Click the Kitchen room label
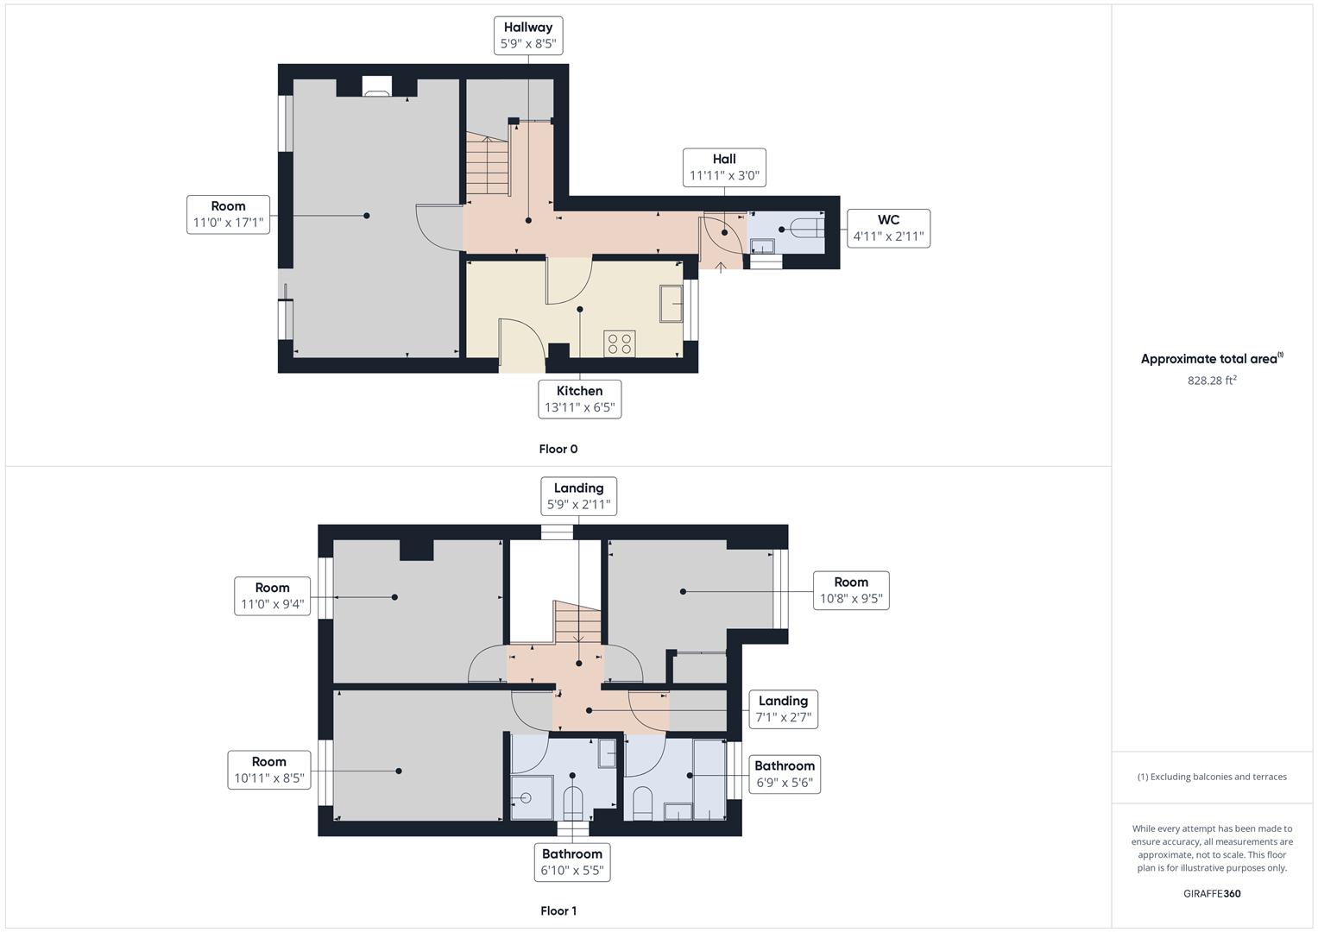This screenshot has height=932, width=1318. tap(579, 399)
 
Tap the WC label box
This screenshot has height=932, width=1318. tap(888, 228)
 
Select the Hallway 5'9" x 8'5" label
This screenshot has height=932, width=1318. tap(528, 35)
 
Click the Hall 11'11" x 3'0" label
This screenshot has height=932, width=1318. tap(724, 167)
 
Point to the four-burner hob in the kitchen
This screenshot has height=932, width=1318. tap(620, 343)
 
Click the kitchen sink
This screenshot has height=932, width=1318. tap(672, 303)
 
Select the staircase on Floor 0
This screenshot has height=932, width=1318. tap(489, 165)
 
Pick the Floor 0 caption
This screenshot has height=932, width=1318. tap(558, 449)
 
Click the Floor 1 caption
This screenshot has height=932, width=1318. tap(558, 910)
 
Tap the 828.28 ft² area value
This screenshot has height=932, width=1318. tap(1212, 380)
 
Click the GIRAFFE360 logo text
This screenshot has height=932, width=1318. tap(1212, 893)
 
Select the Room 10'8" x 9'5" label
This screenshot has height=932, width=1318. tap(851, 590)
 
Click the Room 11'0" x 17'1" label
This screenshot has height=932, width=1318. tap(228, 214)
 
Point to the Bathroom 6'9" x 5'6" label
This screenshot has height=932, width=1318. tap(784, 774)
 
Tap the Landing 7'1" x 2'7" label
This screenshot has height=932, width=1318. tap(783, 709)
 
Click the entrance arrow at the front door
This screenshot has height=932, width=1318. tap(721, 268)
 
